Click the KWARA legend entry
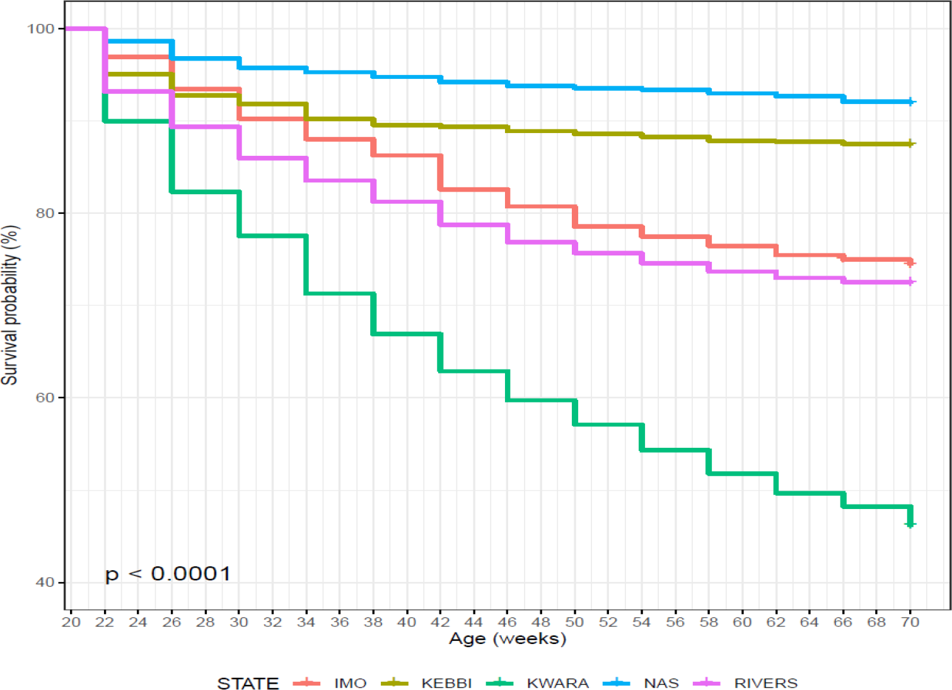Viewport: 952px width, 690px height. click(x=557, y=683)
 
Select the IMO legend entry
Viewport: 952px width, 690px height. click(x=350, y=683)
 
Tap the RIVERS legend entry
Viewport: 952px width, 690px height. click(x=765, y=683)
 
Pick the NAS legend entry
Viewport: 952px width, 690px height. click(x=661, y=683)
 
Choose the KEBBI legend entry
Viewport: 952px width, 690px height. click(x=446, y=683)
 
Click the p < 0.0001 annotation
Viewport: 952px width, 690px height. click(x=168, y=574)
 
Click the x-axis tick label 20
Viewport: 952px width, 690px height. click(x=71, y=623)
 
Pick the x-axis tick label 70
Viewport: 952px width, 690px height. click(x=910, y=623)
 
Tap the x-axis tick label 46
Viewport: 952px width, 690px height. click(x=508, y=623)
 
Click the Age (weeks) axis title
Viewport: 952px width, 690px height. click(x=508, y=639)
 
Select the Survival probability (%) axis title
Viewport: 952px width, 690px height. click(x=10, y=305)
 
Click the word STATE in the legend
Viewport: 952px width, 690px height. click(x=248, y=683)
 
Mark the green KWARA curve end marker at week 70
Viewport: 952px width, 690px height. click(x=910, y=523)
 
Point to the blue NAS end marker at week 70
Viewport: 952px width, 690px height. click(x=910, y=102)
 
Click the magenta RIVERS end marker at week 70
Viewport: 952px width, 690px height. click(x=910, y=282)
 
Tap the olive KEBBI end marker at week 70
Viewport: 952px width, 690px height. click(x=910, y=144)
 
